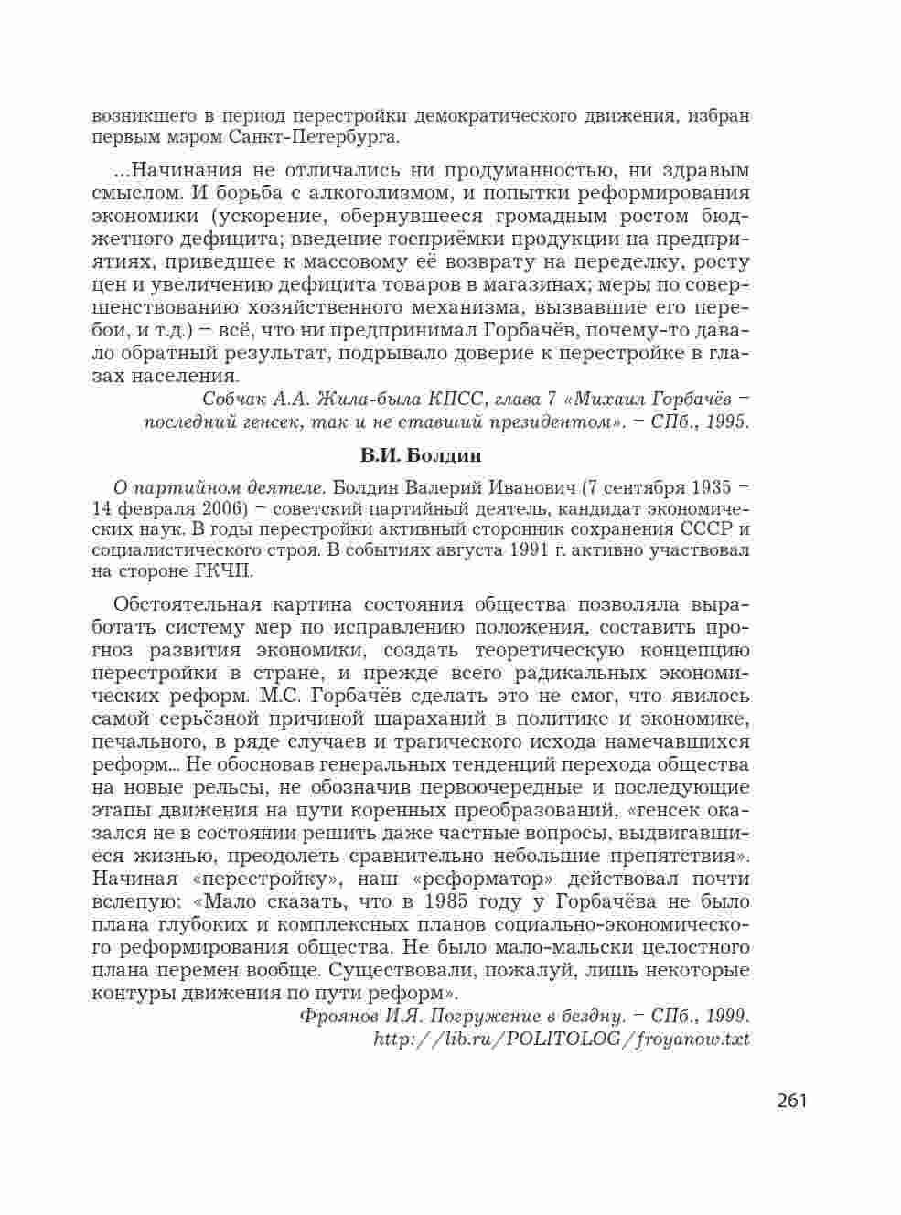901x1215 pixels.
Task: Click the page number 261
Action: coord(792,1100)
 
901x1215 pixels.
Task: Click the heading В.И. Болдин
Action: coord(421,455)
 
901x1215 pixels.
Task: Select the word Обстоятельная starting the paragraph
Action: coord(188,604)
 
